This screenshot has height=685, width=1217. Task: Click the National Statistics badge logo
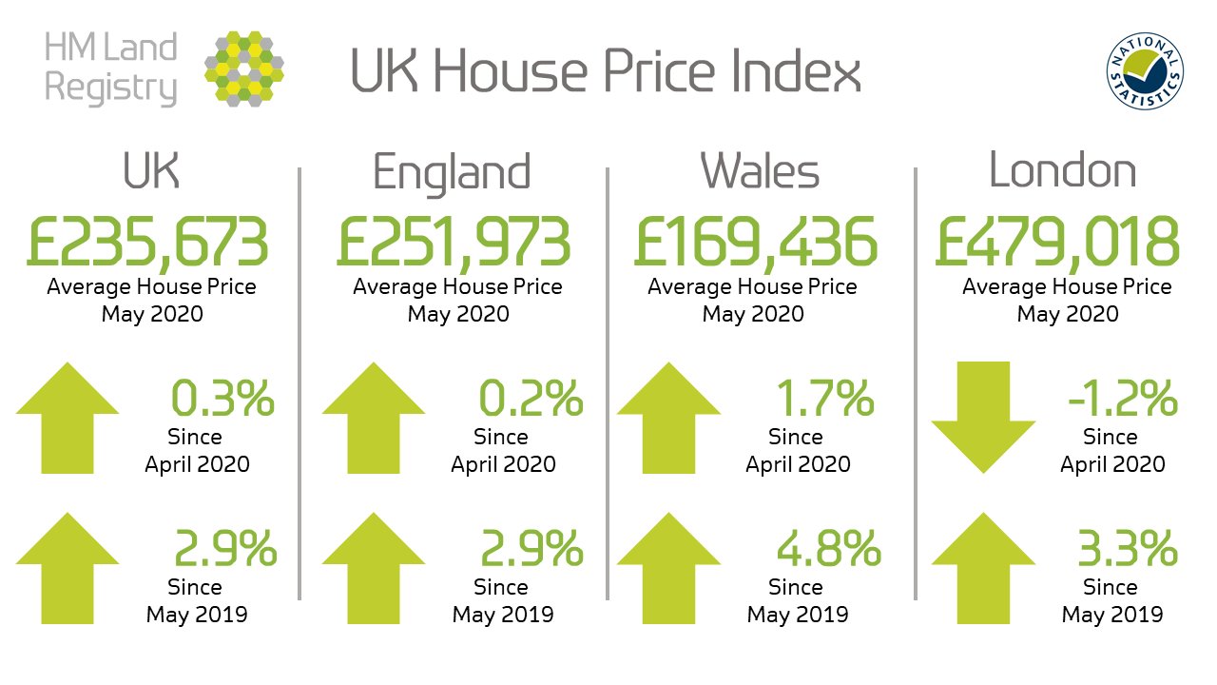click(1145, 73)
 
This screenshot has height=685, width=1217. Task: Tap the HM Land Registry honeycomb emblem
click(243, 68)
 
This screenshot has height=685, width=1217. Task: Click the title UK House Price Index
click(606, 71)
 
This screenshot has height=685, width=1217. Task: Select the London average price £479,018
click(1056, 243)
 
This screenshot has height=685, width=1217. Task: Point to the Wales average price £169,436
click(756, 243)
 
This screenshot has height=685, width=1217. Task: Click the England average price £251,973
click(454, 243)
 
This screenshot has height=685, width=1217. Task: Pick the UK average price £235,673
click(147, 243)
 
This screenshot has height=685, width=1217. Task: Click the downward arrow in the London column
click(983, 418)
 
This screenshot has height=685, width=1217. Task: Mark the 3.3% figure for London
click(1128, 551)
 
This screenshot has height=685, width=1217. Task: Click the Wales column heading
click(760, 172)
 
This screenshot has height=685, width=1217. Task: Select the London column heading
click(1062, 171)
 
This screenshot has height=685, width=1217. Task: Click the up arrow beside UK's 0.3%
click(68, 416)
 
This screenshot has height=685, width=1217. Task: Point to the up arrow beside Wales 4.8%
click(668, 568)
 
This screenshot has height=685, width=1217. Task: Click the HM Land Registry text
click(111, 68)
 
